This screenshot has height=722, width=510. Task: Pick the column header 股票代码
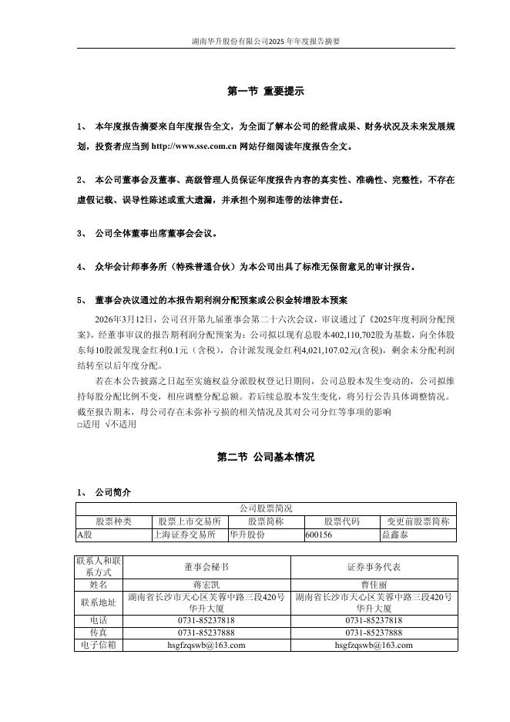point(341,521)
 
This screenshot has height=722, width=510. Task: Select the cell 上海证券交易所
point(185,533)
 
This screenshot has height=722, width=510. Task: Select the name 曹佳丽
point(374,585)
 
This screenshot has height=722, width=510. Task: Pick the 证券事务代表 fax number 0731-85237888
point(374,633)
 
